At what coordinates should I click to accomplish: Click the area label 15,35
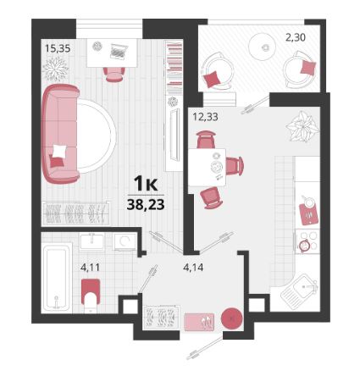pyautogui.click(x=58, y=48)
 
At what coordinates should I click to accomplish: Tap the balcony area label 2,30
pyautogui.click(x=296, y=37)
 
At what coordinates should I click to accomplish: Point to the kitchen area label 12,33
pyautogui.click(x=205, y=117)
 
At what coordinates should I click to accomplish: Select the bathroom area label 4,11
pyautogui.click(x=90, y=267)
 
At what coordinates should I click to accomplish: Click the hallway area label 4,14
pyautogui.click(x=193, y=267)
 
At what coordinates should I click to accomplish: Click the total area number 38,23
pyautogui.click(x=146, y=205)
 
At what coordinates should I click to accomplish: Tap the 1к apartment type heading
pyautogui.click(x=146, y=185)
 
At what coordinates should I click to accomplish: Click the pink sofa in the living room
pyautogui.click(x=60, y=134)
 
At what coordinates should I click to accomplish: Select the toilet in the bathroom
pyautogui.click(x=91, y=296)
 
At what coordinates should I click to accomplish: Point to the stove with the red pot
pyautogui.click(x=307, y=241)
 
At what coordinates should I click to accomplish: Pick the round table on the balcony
pyautogui.click(x=262, y=46)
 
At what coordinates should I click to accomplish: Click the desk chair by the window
pyautogui.click(x=114, y=75)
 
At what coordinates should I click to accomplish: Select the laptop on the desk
pyautogui.click(x=118, y=52)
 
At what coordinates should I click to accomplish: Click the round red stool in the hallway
pyautogui.click(x=231, y=318)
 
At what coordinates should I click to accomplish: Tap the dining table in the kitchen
pyautogui.click(x=208, y=167)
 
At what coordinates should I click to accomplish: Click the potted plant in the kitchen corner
pyautogui.click(x=302, y=126)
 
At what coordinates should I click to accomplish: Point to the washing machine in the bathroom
pyautogui.click(x=125, y=241)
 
